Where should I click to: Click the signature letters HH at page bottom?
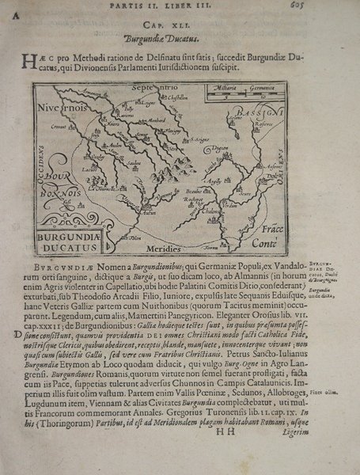point(180,454)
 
